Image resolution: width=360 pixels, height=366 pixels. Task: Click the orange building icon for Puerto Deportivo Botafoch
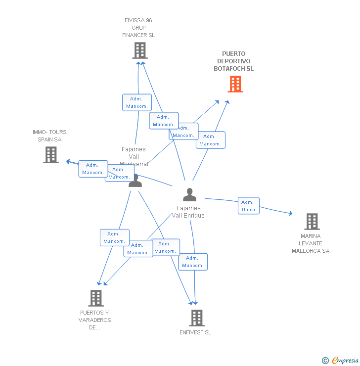pyautogui.click(x=235, y=84)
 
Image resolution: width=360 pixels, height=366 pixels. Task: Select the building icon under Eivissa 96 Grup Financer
pyautogui.click(x=140, y=50)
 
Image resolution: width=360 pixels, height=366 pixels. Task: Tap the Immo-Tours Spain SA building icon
pyautogui.click(x=51, y=155)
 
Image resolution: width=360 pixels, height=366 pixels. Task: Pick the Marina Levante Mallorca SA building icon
pyautogui.click(x=312, y=222)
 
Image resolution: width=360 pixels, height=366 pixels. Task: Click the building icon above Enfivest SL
pyautogui.click(x=197, y=318)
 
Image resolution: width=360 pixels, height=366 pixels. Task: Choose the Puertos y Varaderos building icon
pyautogui.click(x=96, y=298)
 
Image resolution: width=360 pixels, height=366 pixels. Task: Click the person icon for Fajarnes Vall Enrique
pyautogui.click(x=189, y=195)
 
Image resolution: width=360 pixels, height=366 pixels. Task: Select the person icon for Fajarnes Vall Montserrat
pyautogui.click(x=135, y=181)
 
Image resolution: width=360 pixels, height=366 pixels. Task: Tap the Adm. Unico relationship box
pyautogui.click(x=248, y=206)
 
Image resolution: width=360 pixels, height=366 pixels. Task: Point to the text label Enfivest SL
pyautogui.click(x=195, y=332)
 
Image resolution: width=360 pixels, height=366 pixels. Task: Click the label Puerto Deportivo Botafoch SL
pyautogui.click(x=234, y=61)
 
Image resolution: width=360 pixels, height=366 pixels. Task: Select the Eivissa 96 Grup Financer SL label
pyautogui.click(x=138, y=28)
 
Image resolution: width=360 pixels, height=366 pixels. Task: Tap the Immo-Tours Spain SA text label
pyautogui.click(x=49, y=136)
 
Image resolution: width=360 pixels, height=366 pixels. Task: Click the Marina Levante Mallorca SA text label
pyautogui.click(x=311, y=243)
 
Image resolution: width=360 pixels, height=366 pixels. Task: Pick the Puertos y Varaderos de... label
pyautogui.click(x=94, y=320)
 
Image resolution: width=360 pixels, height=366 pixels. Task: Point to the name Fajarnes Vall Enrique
pyautogui.click(x=188, y=212)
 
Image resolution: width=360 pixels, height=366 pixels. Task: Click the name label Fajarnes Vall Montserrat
pyautogui.click(x=134, y=156)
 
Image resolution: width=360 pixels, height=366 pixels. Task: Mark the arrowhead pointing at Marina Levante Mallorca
pyautogui.click(x=290, y=214)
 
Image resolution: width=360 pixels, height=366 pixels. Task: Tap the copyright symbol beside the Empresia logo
pyautogui.click(x=325, y=361)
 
